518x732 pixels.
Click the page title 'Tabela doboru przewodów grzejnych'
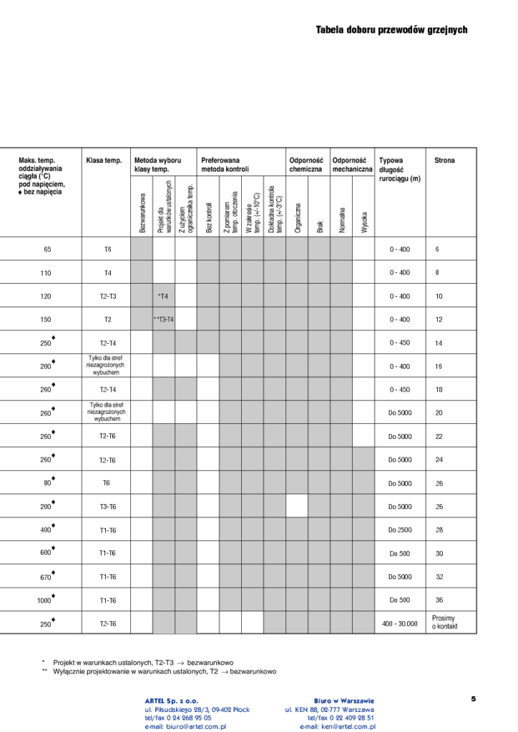(x=391, y=30)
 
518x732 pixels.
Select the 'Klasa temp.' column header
(x=104, y=161)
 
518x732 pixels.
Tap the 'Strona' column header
(x=444, y=161)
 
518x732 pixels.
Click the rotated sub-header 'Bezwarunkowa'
(x=142, y=212)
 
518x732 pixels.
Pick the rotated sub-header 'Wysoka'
(x=364, y=221)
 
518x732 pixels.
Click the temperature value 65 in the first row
(x=47, y=249)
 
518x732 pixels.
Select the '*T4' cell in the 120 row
(x=163, y=296)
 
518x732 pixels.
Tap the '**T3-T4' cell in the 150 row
(x=164, y=320)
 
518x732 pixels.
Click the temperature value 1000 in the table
(x=44, y=601)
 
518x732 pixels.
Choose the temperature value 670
(x=46, y=578)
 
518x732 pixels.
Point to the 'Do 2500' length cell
(x=400, y=530)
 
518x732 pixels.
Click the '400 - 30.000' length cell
(x=399, y=624)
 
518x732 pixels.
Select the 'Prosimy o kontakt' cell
(x=444, y=623)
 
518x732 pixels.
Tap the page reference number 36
(x=439, y=600)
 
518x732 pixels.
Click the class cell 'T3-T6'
(x=107, y=507)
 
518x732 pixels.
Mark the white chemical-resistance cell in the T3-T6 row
(x=297, y=506)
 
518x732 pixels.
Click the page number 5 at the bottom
(x=473, y=699)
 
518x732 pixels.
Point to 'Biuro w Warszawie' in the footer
(x=343, y=701)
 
